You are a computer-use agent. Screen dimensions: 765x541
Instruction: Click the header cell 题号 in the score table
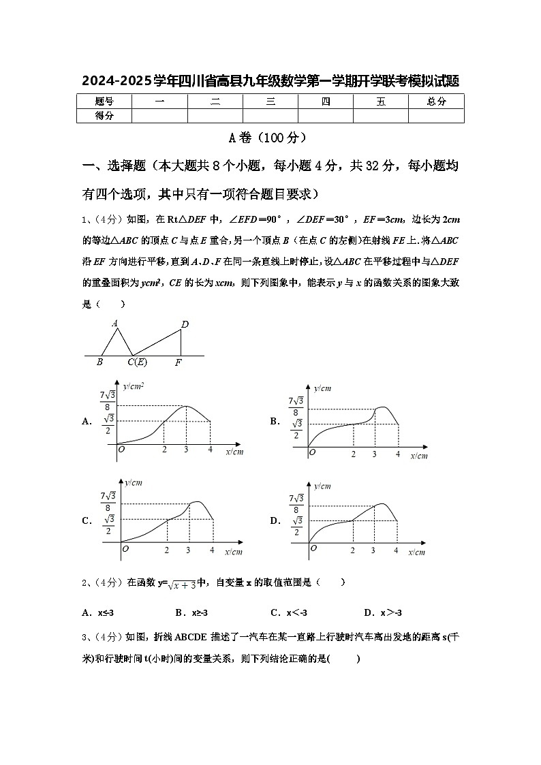(x=104, y=102)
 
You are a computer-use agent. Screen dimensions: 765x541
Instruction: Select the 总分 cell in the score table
(x=436, y=102)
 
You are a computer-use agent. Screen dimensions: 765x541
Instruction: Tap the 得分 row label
(x=104, y=116)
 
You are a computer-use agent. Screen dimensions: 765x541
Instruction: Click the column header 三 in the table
(x=270, y=102)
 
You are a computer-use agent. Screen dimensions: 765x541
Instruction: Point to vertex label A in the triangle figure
(x=114, y=324)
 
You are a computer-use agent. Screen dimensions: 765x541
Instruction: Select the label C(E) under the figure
(x=137, y=362)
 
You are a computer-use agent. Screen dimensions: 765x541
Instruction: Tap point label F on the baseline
(x=179, y=363)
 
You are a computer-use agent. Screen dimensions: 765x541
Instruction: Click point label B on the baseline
(x=99, y=362)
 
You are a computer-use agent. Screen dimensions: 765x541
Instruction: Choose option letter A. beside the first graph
(x=87, y=421)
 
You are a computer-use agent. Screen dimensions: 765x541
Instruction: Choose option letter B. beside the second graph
(x=275, y=421)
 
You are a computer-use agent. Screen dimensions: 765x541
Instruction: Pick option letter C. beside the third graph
(x=87, y=520)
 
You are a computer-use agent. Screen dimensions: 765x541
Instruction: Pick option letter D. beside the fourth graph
(x=275, y=520)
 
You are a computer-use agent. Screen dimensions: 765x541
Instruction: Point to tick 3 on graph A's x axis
(x=186, y=450)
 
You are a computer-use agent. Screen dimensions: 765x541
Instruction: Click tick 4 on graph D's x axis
(x=396, y=550)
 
